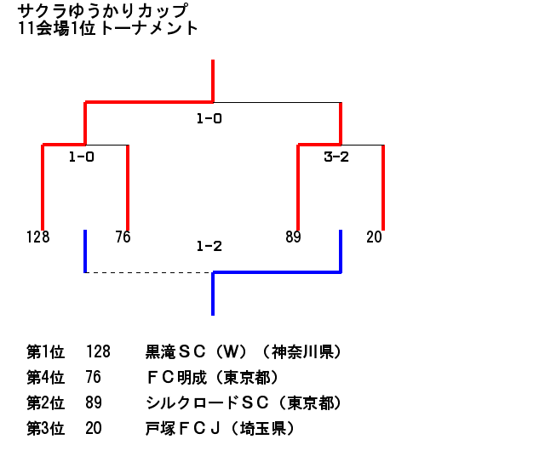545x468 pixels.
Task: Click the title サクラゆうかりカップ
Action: pyautogui.click(x=103, y=10)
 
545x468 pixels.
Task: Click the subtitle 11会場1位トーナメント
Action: pyautogui.click(x=108, y=28)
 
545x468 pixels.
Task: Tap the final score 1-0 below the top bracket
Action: pyautogui.click(x=209, y=119)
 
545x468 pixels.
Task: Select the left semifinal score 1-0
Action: pyautogui.click(x=82, y=157)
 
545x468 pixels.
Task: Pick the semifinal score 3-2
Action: pyautogui.click(x=336, y=157)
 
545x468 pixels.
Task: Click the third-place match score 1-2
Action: pyautogui.click(x=209, y=246)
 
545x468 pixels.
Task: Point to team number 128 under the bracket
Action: pyautogui.click(x=37, y=237)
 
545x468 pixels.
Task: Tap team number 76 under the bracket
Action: pyautogui.click(x=123, y=237)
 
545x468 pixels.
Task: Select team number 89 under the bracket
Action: pyautogui.click(x=293, y=237)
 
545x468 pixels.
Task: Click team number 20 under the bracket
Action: pyautogui.click(x=374, y=237)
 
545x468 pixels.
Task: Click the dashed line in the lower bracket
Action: pyautogui.click(x=149, y=272)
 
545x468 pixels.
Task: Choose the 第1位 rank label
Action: pyautogui.click(x=45, y=351)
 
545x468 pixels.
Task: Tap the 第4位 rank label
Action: pyautogui.click(x=45, y=378)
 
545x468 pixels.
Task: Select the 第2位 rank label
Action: pyautogui.click(x=45, y=402)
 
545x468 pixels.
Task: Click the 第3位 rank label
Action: pyautogui.click(x=45, y=428)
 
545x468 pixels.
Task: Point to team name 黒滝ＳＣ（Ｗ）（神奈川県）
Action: pyautogui.click(x=244, y=351)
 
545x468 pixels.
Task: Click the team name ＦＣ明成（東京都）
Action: pyautogui.click(x=212, y=378)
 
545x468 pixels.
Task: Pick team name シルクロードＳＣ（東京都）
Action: pyautogui.click(x=244, y=402)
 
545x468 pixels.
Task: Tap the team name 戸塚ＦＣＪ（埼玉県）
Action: pyautogui.click(x=220, y=428)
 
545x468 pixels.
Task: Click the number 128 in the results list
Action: pyautogui.click(x=99, y=351)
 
